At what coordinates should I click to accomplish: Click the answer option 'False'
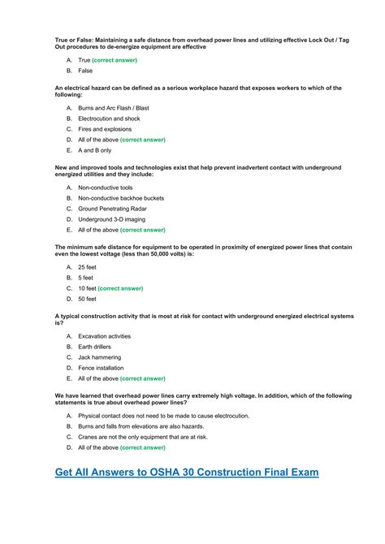[85, 71]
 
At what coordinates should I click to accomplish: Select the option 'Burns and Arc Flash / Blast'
[114, 107]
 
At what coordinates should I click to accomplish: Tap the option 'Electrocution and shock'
[109, 119]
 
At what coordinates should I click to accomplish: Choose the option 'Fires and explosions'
[106, 129]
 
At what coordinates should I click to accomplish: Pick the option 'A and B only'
[95, 150]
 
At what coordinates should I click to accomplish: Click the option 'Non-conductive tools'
[105, 187]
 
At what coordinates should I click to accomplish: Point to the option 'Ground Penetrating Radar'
[112, 209]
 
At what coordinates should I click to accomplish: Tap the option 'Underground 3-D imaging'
[111, 219]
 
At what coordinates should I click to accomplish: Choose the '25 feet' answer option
[87, 266]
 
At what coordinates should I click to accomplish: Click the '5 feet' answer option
[85, 278]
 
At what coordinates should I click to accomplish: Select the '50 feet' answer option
[87, 299]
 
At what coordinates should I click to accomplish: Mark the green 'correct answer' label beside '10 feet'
[120, 288]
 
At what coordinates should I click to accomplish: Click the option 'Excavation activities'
[104, 336]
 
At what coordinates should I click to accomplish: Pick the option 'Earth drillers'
[94, 347]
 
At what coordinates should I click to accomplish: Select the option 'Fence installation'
[101, 368]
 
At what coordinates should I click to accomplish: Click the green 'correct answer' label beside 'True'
[115, 60]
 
